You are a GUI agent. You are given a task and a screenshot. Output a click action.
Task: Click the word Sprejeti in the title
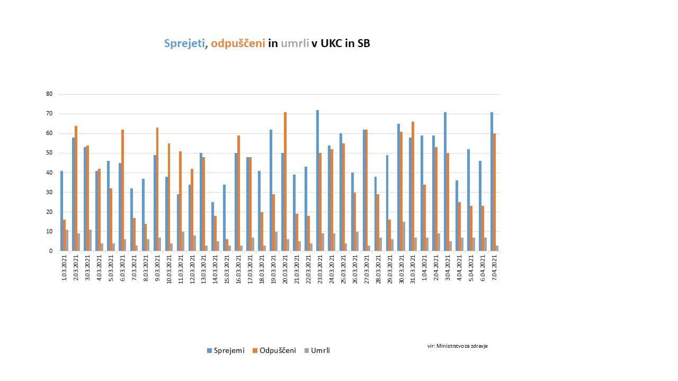(184, 44)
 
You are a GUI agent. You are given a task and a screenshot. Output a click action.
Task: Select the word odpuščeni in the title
(238, 44)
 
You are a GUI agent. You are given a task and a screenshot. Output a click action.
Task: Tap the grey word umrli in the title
(295, 44)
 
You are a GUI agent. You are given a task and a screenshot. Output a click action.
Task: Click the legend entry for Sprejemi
(225, 350)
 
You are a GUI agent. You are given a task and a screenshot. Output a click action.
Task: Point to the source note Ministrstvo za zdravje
(457, 346)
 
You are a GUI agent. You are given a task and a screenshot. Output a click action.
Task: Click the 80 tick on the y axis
(50, 94)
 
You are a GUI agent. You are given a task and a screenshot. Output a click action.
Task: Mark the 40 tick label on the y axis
(50, 173)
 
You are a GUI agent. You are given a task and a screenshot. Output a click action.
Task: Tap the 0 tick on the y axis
(51, 251)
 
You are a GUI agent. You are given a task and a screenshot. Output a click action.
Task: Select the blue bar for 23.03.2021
(317, 180)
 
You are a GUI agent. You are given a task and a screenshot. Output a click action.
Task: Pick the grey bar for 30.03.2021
(404, 237)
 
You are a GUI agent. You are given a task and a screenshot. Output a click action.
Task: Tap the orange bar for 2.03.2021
(76, 188)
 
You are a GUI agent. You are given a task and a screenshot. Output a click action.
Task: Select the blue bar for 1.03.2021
(61, 211)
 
